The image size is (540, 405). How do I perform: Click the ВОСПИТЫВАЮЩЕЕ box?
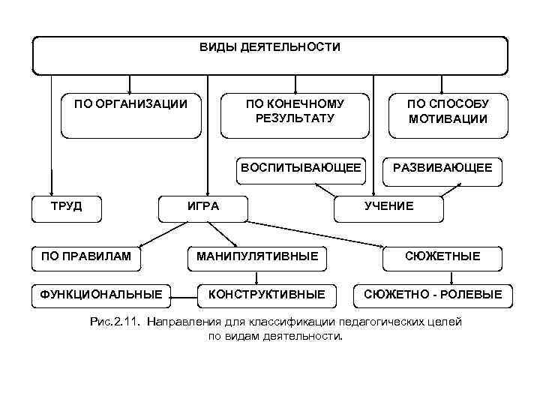coord(300,169)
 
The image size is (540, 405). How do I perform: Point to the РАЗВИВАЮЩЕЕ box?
coord(442,169)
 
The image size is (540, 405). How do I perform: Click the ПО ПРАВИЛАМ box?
coord(86,257)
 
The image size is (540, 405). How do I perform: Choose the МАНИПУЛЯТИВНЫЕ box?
coord(257,257)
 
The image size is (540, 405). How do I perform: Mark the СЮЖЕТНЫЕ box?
coord(442,257)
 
